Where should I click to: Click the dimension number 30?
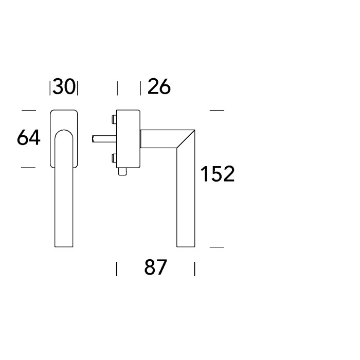[x=64, y=87]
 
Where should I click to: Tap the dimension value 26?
[x=159, y=86]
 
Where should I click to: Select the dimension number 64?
[x=29, y=137]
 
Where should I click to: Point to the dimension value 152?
[x=218, y=174]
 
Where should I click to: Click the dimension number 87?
[x=155, y=267]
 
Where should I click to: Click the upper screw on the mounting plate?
[x=114, y=119]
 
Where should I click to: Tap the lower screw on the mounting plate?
[x=114, y=158]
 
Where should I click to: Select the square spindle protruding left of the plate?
[x=104, y=139]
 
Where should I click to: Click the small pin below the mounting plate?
[x=122, y=171]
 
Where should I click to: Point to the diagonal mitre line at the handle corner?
[x=186, y=139]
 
